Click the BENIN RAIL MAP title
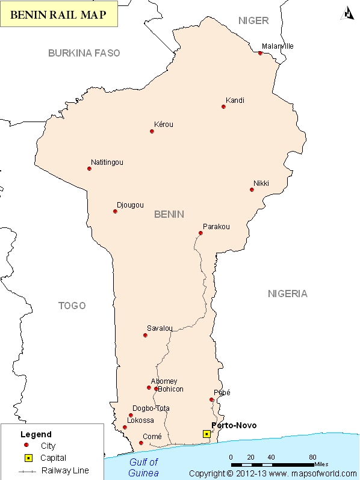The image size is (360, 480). point(59,16)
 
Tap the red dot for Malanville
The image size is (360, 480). point(260,53)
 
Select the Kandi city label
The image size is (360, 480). point(235,100)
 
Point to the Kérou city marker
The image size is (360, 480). point(152,131)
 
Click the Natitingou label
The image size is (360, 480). point(107,162)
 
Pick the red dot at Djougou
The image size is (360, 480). point(115,211)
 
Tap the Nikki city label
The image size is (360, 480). point(261,183)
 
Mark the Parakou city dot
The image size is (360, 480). point(200,233)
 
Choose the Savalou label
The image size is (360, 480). point(160,328)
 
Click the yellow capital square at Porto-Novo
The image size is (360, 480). point(206,433)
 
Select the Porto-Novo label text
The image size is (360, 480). point(234,425)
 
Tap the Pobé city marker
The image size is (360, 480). point(211,399)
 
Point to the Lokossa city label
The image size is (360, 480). point(140,420)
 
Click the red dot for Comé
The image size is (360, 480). point(141,443)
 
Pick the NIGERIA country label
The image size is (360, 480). point(287,294)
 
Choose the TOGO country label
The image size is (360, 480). point(72,306)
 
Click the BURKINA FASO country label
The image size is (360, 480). point(84,53)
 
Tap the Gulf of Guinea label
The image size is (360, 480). point(144,467)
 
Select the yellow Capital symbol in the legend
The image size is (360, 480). point(26,458)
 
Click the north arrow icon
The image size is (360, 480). point(348,12)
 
